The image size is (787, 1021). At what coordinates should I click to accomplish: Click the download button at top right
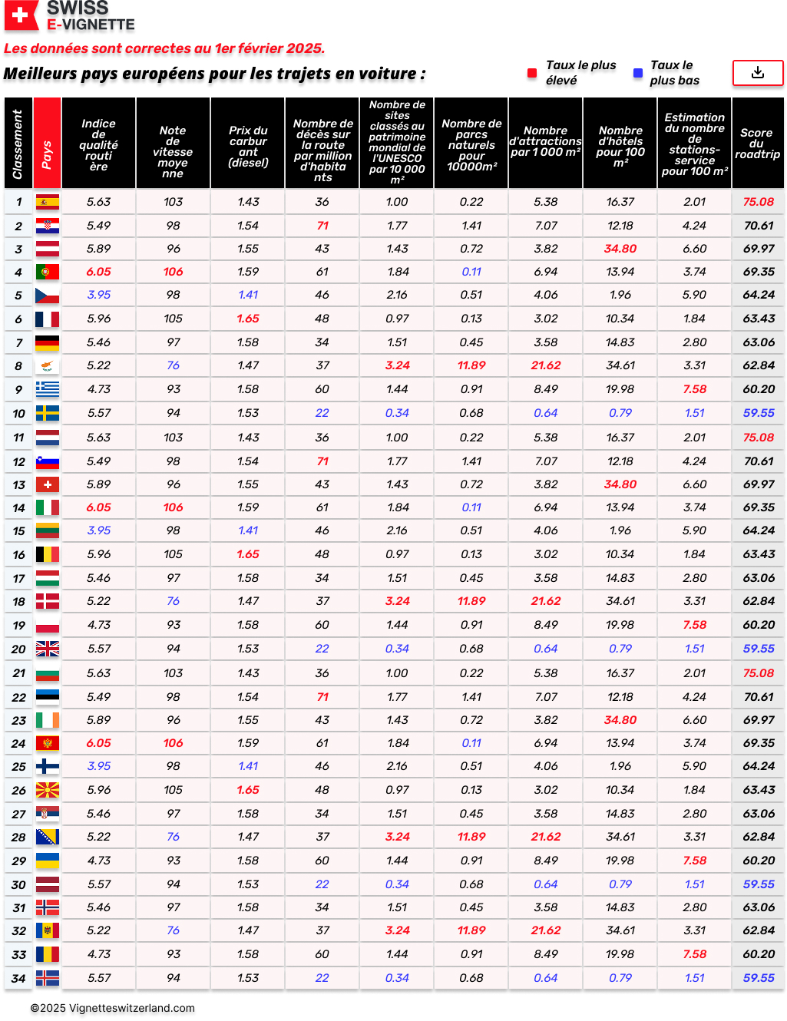(x=757, y=73)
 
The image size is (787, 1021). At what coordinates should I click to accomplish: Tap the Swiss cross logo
(x=21, y=15)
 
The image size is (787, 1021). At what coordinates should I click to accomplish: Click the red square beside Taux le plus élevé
(x=532, y=73)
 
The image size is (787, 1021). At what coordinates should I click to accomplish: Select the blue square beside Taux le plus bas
(x=637, y=73)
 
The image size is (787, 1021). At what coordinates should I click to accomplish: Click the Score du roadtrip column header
(x=757, y=144)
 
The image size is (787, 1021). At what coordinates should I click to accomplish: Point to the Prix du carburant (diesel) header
(x=248, y=146)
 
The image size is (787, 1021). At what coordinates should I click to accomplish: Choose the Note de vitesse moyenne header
(x=173, y=152)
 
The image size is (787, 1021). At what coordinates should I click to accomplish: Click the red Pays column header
(x=47, y=144)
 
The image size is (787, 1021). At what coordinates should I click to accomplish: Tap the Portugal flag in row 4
(x=48, y=272)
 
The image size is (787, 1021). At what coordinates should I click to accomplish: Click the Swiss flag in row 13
(x=48, y=484)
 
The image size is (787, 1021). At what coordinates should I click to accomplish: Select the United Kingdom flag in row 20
(x=48, y=649)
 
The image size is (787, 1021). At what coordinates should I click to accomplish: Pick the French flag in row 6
(x=48, y=319)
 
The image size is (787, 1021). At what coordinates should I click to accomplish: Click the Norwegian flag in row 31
(x=48, y=907)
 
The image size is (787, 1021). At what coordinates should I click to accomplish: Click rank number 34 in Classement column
(x=18, y=979)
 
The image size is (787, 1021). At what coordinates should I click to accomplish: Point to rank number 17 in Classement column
(x=18, y=579)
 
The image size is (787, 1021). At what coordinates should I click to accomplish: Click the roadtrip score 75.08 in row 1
(x=758, y=202)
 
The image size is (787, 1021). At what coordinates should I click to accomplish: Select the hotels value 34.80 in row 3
(x=620, y=249)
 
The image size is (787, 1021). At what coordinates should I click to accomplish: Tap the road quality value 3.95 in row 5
(x=98, y=295)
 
